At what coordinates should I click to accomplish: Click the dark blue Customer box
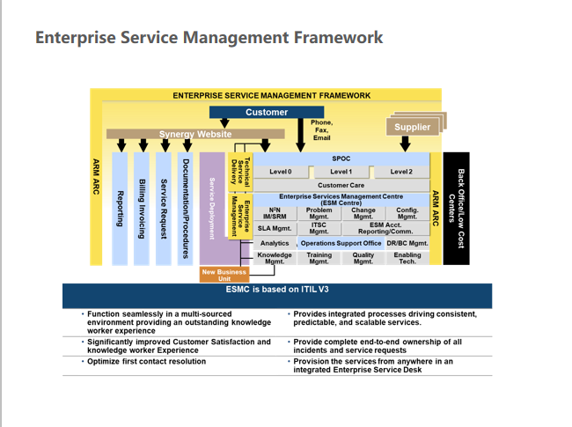(267, 112)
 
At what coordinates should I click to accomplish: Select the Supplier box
(412, 127)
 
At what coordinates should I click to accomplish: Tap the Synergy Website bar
(195, 134)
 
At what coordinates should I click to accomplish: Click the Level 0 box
(281, 172)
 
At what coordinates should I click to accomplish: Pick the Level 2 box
(401, 172)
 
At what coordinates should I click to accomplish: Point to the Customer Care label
(341, 185)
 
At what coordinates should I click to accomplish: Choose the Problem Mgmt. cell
(319, 213)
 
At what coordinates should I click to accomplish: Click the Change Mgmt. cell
(363, 213)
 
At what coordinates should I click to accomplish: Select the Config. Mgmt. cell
(407, 213)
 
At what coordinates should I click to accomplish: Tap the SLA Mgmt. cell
(275, 228)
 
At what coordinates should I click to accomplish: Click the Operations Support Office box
(341, 243)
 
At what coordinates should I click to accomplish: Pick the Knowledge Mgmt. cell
(275, 258)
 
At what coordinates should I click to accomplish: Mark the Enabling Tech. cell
(407, 258)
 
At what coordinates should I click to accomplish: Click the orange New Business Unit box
(224, 275)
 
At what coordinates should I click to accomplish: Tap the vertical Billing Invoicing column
(141, 209)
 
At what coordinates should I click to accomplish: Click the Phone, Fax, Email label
(322, 130)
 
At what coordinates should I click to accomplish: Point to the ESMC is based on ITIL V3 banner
(277, 290)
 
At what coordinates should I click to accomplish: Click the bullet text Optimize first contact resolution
(146, 361)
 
